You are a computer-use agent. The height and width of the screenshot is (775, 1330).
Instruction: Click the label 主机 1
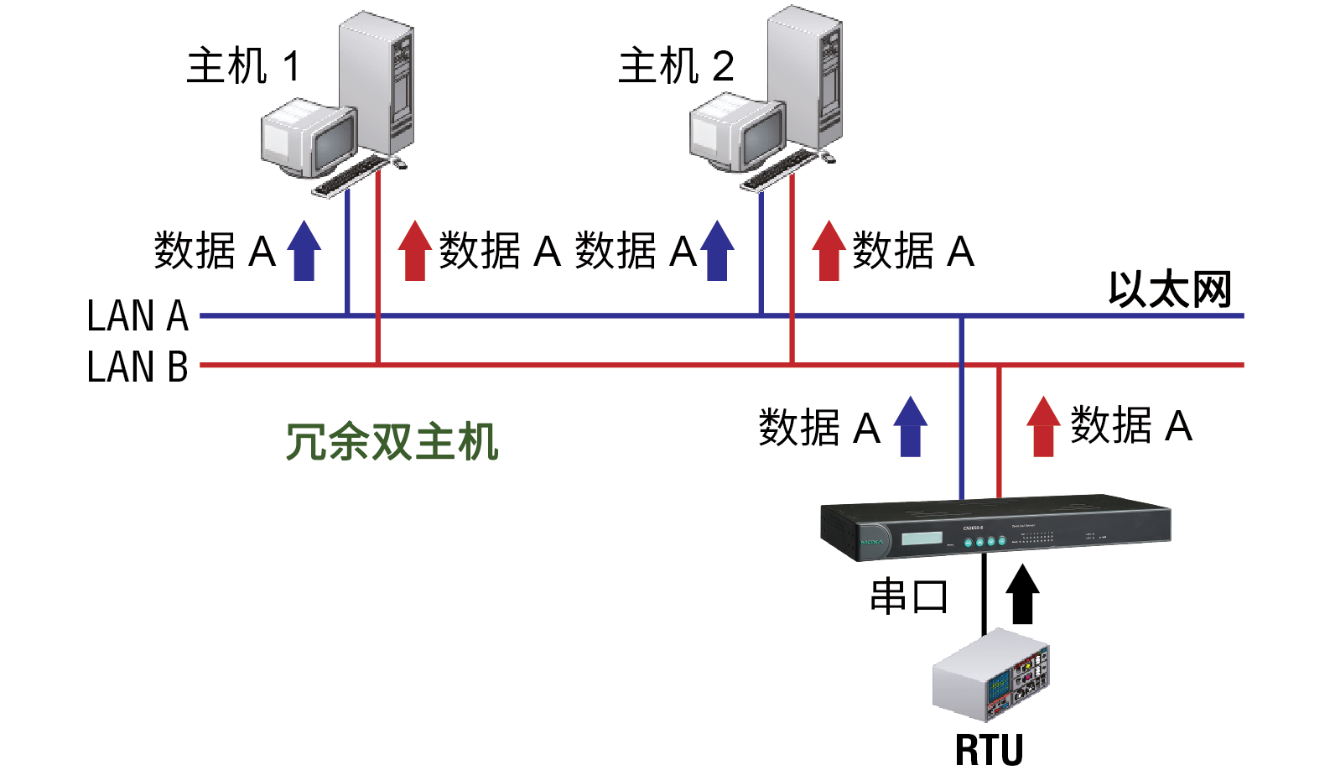point(242,66)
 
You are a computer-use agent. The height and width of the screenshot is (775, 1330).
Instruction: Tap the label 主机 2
point(676,66)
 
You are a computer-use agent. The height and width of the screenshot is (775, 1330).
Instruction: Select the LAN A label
point(138,316)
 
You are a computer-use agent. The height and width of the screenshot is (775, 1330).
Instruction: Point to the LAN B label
point(138,367)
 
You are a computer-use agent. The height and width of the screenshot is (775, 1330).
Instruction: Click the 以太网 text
point(1170,290)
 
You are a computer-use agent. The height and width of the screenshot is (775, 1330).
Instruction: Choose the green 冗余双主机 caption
point(392,442)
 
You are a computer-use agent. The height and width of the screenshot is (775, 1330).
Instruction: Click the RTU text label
point(990,750)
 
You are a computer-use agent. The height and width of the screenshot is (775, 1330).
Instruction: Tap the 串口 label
point(909,597)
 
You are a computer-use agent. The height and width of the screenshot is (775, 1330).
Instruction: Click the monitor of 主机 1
point(307,138)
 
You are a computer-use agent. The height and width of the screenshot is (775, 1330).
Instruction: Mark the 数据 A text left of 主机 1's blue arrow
point(215,251)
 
